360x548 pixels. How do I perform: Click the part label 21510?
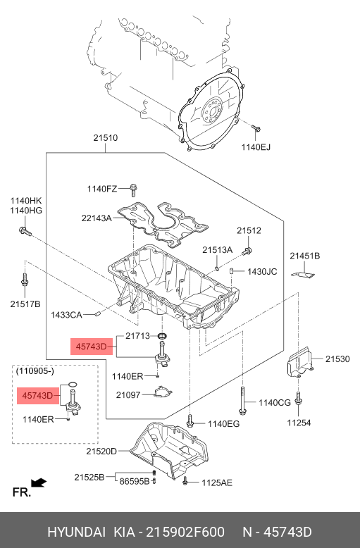pos(105,138)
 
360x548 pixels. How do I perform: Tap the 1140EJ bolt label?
pos(256,147)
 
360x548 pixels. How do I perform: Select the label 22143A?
pos(97,218)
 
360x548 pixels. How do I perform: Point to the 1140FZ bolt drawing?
pos(134,189)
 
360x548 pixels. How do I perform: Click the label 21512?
pos(249,230)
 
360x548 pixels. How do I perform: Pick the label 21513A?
pos(218,250)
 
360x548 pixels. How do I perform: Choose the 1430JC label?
pos(262,272)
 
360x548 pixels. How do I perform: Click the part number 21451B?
pos(305,256)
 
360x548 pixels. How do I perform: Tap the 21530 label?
pos(337,359)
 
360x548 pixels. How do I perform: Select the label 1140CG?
pos(275,403)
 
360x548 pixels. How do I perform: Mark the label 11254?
pos(299,423)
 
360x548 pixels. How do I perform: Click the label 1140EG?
pos(224,424)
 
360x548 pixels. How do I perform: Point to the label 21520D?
pos(101,452)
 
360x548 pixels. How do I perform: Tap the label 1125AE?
pos(217,482)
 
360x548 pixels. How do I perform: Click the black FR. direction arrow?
pos(39,482)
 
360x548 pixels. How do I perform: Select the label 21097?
pos(128,395)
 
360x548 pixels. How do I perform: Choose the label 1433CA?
pos(66,315)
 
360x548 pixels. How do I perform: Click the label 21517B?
pos(25,304)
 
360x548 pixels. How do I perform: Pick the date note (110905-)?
pos(35,370)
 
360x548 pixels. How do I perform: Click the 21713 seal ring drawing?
pos(163,337)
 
